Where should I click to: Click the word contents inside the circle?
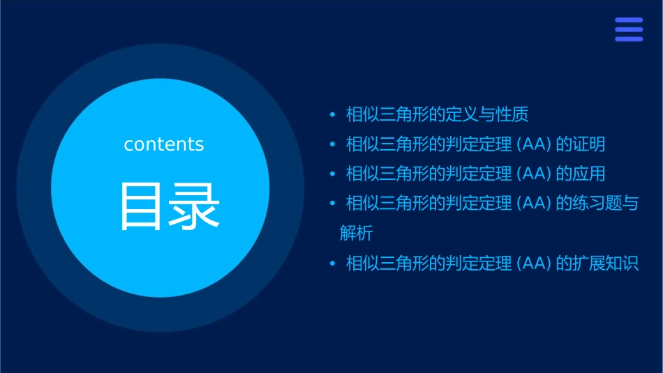pos(164,144)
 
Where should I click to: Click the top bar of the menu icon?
pos(629,20)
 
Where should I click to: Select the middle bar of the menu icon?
pos(629,29)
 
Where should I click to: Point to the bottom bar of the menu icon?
pos(629,38)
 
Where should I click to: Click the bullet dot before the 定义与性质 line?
pos(333,114)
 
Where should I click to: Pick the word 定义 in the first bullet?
pos(461,114)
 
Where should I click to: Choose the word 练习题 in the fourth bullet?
pos(597,204)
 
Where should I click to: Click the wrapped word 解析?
pos(357,234)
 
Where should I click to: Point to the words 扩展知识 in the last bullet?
pos(605,264)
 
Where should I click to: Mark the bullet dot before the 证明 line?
pos(333,144)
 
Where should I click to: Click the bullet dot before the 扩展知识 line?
pos(333,264)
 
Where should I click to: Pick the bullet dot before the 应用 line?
pos(333,174)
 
